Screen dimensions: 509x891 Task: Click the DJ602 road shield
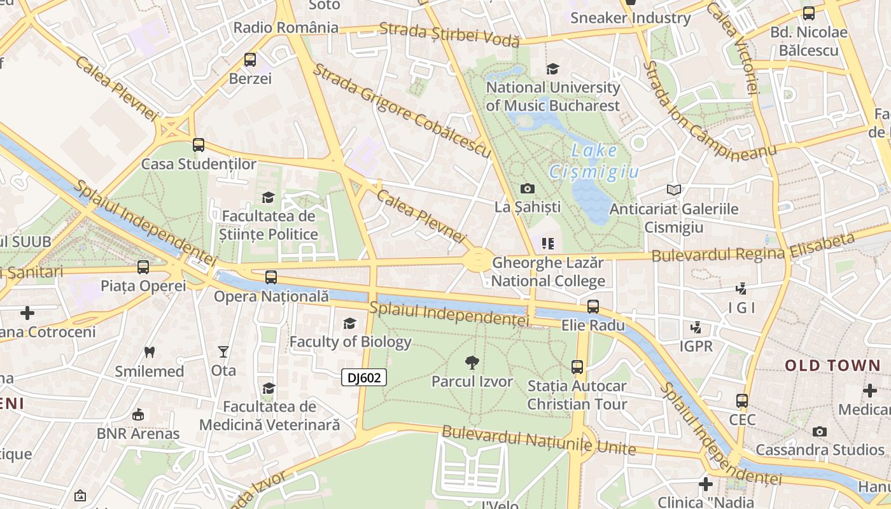click(364, 378)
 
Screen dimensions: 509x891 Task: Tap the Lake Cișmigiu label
click(594, 161)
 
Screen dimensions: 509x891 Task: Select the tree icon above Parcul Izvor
click(472, 363)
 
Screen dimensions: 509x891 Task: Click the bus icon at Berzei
click(250, 60)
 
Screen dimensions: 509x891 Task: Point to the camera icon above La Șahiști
click(527, 188)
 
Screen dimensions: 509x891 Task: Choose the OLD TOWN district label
click(832, 366)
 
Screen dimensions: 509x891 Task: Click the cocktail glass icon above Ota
click(223, 351)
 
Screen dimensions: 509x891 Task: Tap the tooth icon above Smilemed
click(150, 352)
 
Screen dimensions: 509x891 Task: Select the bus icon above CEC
click(742, 401)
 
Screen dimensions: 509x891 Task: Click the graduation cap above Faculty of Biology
click(349, 324)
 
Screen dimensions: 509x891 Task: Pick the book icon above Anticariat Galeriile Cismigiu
click(674, 190)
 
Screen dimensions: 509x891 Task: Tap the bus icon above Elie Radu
click(593, 307)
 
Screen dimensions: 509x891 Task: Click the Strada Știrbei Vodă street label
click(449, 34)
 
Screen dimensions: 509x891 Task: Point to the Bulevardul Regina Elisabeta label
click(752, 249)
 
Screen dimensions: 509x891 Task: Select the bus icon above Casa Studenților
click(199, 145)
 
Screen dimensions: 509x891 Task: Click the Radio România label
click(286, 27)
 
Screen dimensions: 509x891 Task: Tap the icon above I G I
click(741, 289)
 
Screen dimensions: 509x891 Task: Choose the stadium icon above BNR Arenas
click(137, 415)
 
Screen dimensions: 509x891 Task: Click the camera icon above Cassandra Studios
click(820, 431)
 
